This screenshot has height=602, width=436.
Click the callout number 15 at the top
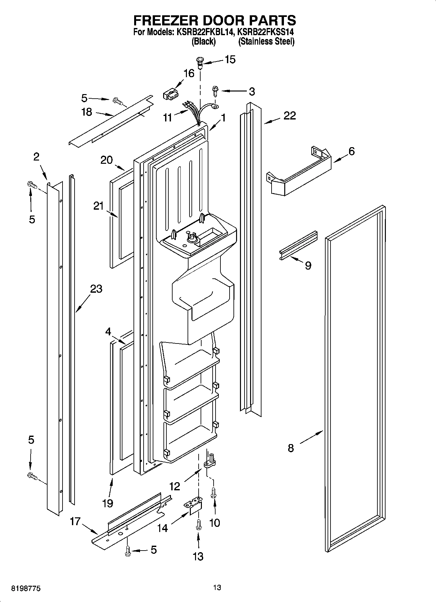(230, 60)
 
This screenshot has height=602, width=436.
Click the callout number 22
(289, 116)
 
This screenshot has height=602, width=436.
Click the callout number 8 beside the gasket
(291, 448)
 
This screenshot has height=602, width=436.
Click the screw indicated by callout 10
(214, 494)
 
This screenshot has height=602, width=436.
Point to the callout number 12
(175, 486)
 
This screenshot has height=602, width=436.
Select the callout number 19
(107, 503)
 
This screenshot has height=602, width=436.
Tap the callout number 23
(96, 289)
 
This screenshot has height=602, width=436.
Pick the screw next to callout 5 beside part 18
(118, 102)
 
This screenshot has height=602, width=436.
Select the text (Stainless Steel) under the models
(266, 42)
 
